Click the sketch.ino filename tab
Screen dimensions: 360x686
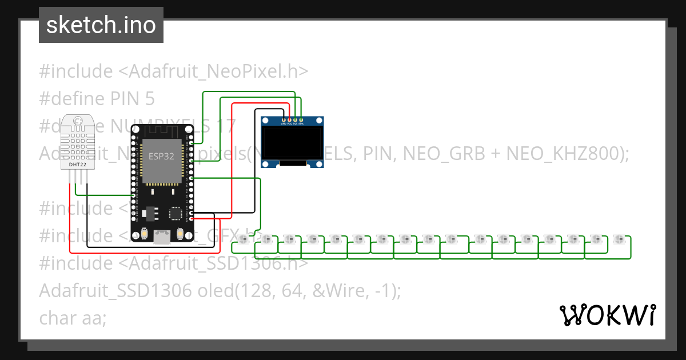tap(101, 25)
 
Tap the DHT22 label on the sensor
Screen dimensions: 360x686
tap(78, 165)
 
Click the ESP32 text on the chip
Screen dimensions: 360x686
tap(162, 155)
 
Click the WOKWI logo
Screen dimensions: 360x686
tap(607, 315)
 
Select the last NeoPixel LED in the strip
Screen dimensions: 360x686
tap(618, 238)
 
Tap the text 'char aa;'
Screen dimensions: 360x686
tap(73, 318)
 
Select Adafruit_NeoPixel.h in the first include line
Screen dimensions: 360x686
tap(219, 71)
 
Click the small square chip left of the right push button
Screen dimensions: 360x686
tap(175, 213)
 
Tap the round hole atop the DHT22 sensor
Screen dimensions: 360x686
tap(78, 121)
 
